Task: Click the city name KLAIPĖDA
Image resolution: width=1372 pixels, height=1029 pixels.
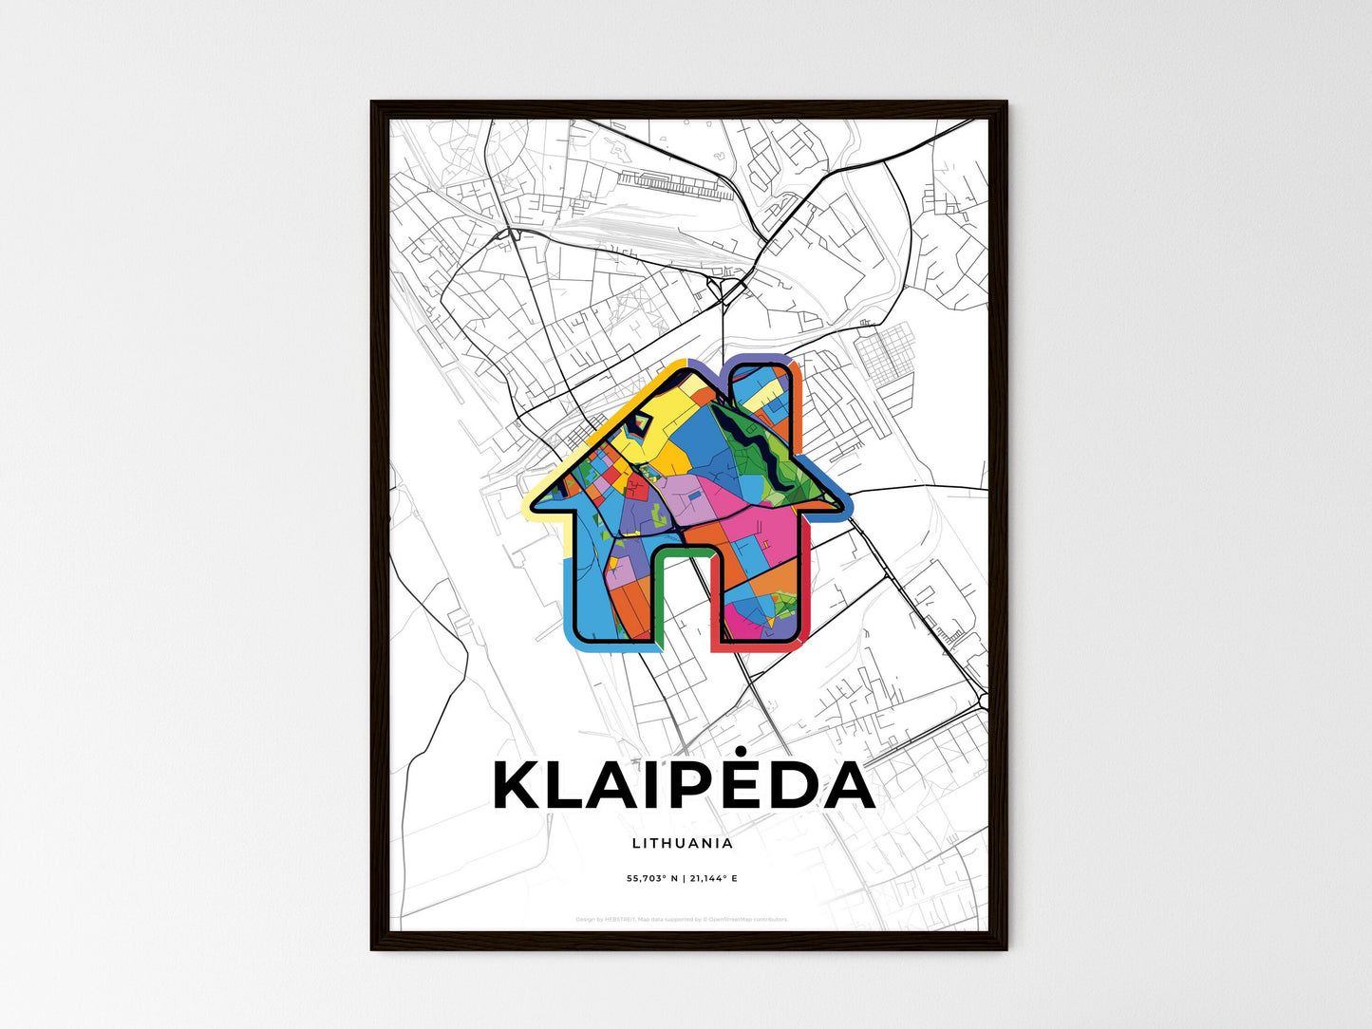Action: tap(684, 786)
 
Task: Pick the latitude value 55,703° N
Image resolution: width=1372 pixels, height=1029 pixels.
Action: tap(653, 878)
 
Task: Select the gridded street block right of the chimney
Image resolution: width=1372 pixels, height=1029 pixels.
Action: tap(884, 355)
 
